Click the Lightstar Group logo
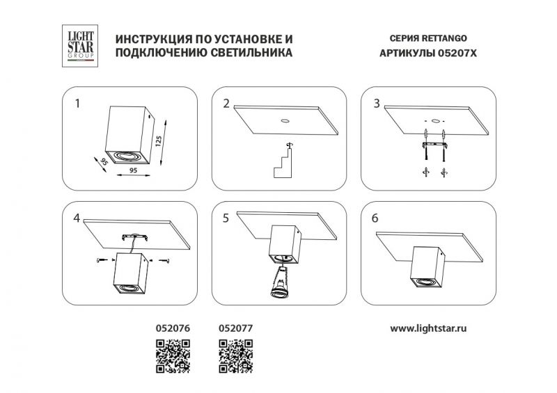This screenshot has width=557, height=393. click(80, 46)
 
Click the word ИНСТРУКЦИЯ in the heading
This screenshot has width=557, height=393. click(150, 39)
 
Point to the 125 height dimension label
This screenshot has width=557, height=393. click(159, 141)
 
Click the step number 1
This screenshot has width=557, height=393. click(77, 104)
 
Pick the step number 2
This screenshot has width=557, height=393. click(226, 104)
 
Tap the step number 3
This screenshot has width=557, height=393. click(377, 104)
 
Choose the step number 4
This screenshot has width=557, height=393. click(77, 218)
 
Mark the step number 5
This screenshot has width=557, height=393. click(226, 218)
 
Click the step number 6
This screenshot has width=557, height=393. click(375, 218)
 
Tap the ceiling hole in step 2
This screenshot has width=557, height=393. click(285, 121)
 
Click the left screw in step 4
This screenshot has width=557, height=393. click(102, 260)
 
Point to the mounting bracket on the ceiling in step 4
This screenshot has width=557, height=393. click(135, 237)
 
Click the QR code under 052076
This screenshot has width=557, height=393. click(173, 356)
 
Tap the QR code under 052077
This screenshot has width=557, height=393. click(235, 356)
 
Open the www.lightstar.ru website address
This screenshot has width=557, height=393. click(428, 329)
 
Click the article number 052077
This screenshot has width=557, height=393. click(235, 328)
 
